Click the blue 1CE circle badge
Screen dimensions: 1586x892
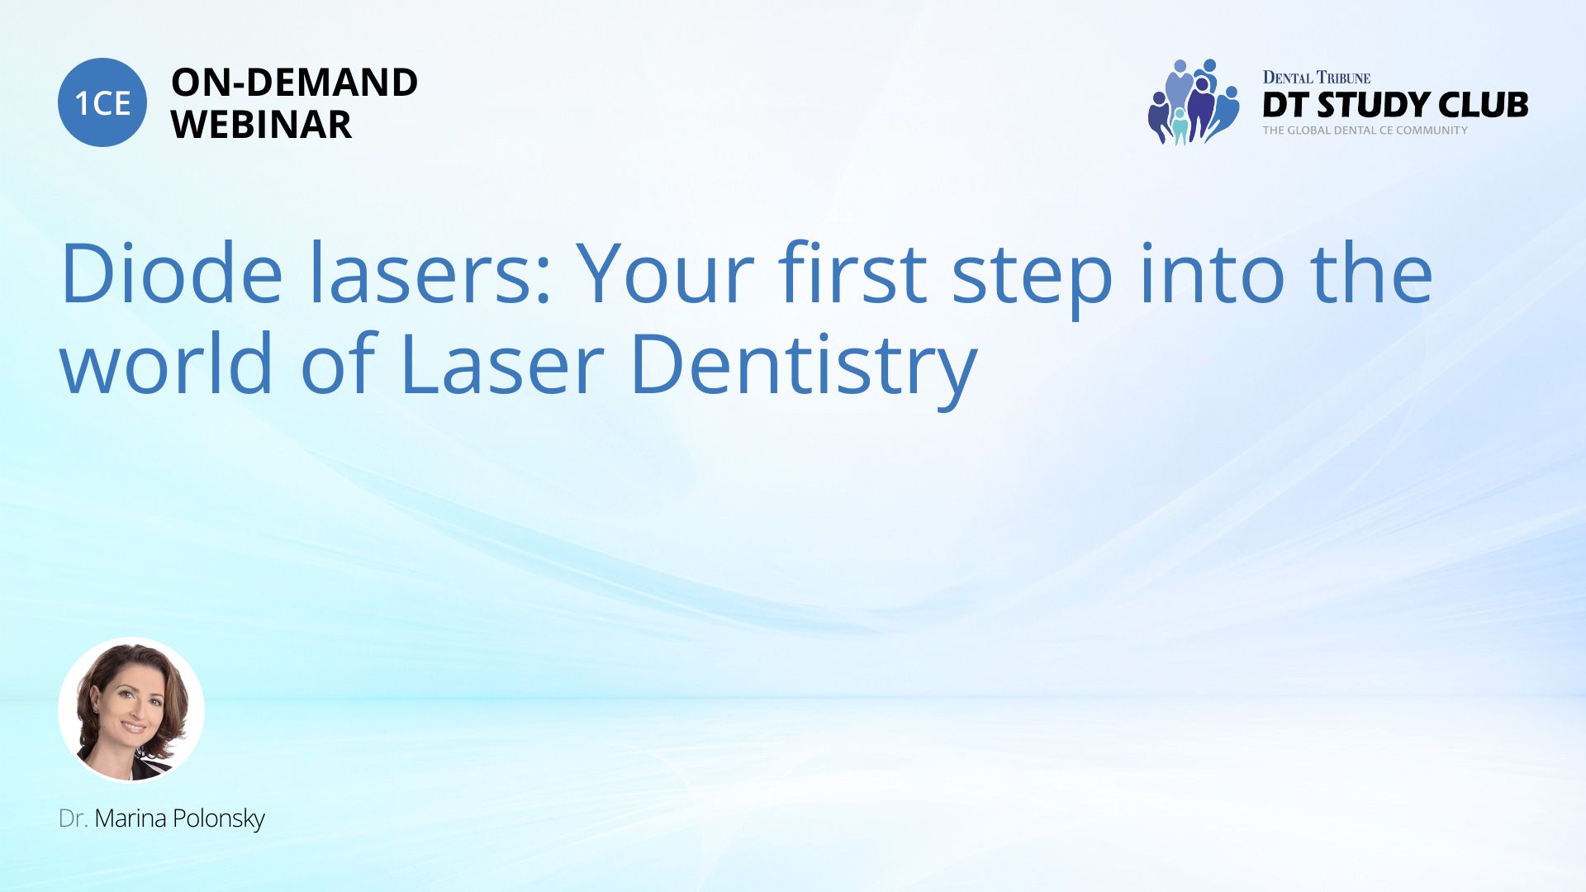(102, 102)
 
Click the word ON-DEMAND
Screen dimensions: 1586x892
(294, 83)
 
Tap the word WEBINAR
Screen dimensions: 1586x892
(261, 125)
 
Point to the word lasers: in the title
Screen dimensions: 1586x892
(430, 273)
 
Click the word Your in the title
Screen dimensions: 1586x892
(665, 273)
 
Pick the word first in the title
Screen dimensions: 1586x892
(852, 273)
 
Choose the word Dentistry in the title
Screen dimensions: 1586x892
(804, 368)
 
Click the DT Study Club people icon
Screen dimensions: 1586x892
(1194, 102)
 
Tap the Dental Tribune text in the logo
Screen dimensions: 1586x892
(1316, 78)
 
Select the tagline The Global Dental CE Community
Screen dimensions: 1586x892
(1365, 130)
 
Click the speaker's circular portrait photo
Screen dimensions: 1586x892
(131, 709)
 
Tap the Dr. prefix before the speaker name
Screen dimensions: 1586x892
(74, 818)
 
